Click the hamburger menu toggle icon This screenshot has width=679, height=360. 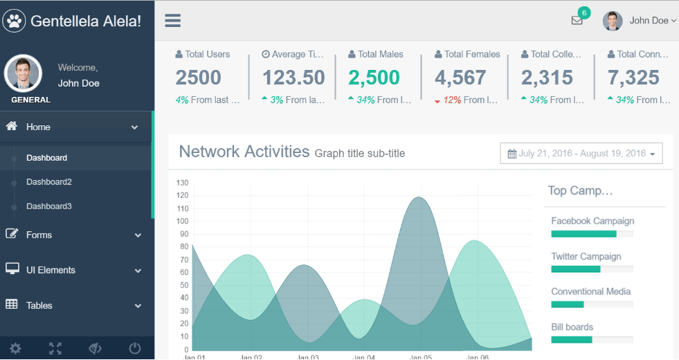click(172, 21)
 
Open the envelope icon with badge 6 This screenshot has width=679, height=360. click(577, 21)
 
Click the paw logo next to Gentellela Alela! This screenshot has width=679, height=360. click(15, 21)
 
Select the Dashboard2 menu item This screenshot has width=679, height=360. click(49, 182)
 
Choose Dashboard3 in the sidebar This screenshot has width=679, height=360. click(49, 206)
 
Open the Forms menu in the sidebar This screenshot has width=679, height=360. click(39, 235)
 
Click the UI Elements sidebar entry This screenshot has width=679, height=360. click(51, 270)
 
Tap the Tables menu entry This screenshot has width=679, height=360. click(39, 305)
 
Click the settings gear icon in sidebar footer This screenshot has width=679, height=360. click(15, 348)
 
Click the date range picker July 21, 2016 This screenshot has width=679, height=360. click(581, 154)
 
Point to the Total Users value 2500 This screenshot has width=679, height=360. click(198, 78)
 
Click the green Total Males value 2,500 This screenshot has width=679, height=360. click(374, 78)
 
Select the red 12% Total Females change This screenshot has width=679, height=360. click(452, 100)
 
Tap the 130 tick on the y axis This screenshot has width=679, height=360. click(183, 183)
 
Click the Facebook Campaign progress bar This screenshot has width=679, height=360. click(592, 234)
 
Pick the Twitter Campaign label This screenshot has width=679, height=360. click(586, 256)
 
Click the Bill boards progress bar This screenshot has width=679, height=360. click(592, 339)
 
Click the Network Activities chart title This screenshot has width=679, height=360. click(244, 152)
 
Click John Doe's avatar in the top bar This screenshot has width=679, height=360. click(613, 21)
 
